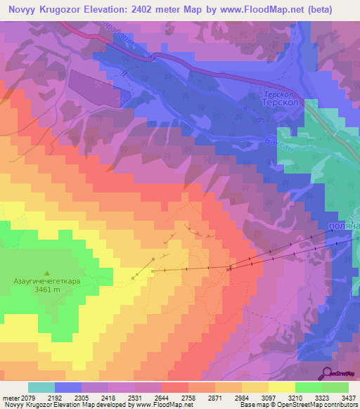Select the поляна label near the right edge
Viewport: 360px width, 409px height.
point(345,227)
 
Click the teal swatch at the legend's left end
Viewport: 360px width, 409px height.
point(41,387)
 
